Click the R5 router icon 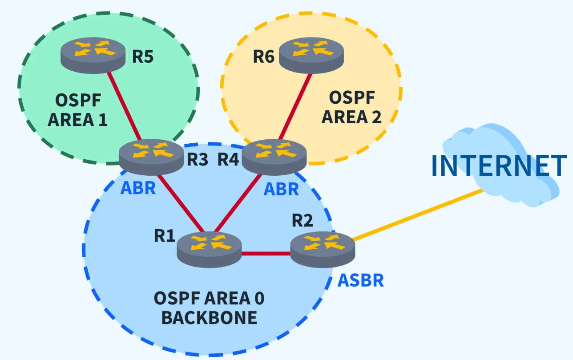(x=93, y=54)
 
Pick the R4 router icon (x=274, y=156)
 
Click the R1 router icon (x=209, y=249)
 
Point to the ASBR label (x=360, y=281)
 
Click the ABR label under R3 (x=138, y=188)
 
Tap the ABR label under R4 (x=281, y=189)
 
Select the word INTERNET (x=499, y=166)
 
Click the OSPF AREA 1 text (x=77, y=110)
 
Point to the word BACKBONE (x=209, y=317)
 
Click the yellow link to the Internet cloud (x=418, y=215)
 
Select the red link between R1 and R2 (x=266, y=254)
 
